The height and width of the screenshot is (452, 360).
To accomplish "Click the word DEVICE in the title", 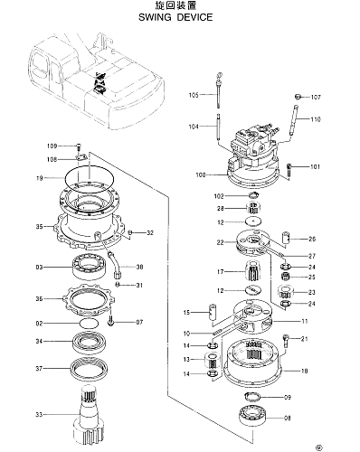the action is pyautogui.click(x=194, y=17).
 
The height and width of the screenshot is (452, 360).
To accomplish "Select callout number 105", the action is pyautogui.click(x=194, y=95).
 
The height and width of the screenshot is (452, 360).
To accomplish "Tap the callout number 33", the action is pyautogui.click(x=39, y=415).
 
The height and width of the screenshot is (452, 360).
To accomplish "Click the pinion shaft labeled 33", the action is pyautogui.click(x=90, y=416).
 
